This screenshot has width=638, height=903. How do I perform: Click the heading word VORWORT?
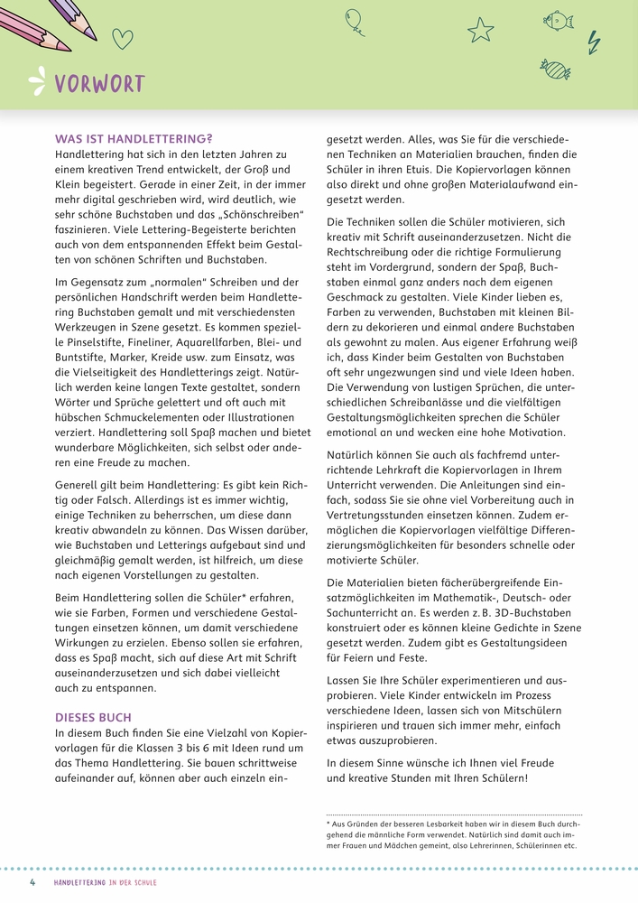point(99,85)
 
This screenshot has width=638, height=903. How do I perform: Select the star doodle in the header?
point(481,30)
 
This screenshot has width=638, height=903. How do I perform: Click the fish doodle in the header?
point(559,19)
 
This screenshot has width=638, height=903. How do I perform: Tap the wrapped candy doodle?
point(555,68)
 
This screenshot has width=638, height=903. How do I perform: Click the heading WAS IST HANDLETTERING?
point(134,139)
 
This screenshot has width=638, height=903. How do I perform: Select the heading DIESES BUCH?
point(94,717)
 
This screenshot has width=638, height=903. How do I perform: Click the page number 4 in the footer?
point(33,882)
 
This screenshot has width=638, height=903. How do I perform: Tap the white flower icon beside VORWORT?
point(37,82)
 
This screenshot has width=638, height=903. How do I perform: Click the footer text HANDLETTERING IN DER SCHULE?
point(106,882)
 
